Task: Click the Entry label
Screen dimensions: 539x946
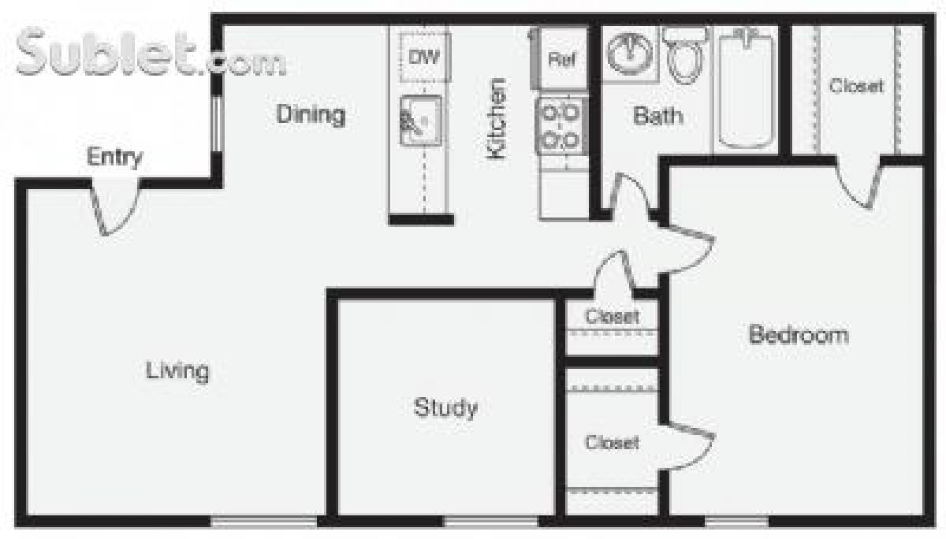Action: (x=115, y=157)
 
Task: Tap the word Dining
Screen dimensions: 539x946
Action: (x=311, y=114)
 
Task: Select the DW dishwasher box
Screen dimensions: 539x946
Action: (x=424, y=57)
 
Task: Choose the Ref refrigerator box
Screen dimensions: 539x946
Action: (x=561, y=58)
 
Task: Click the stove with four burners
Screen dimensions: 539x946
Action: (x=561, y=125)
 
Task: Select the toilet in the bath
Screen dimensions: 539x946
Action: (x=683, y=53)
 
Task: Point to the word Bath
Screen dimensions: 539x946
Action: (x=658, y=117)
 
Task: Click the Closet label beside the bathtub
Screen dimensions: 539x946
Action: (x=856, y=86)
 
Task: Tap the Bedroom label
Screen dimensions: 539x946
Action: (x=799, y=335)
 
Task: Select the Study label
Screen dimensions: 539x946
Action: (x=445, y=407)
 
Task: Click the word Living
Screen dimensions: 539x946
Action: (x=177, y=370)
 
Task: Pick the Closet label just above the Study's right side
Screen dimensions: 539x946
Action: (x=612, y=317)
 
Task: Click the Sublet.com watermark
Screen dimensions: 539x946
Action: (x=150, y=54)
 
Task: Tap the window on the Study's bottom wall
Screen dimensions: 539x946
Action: (x=490, y=521)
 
